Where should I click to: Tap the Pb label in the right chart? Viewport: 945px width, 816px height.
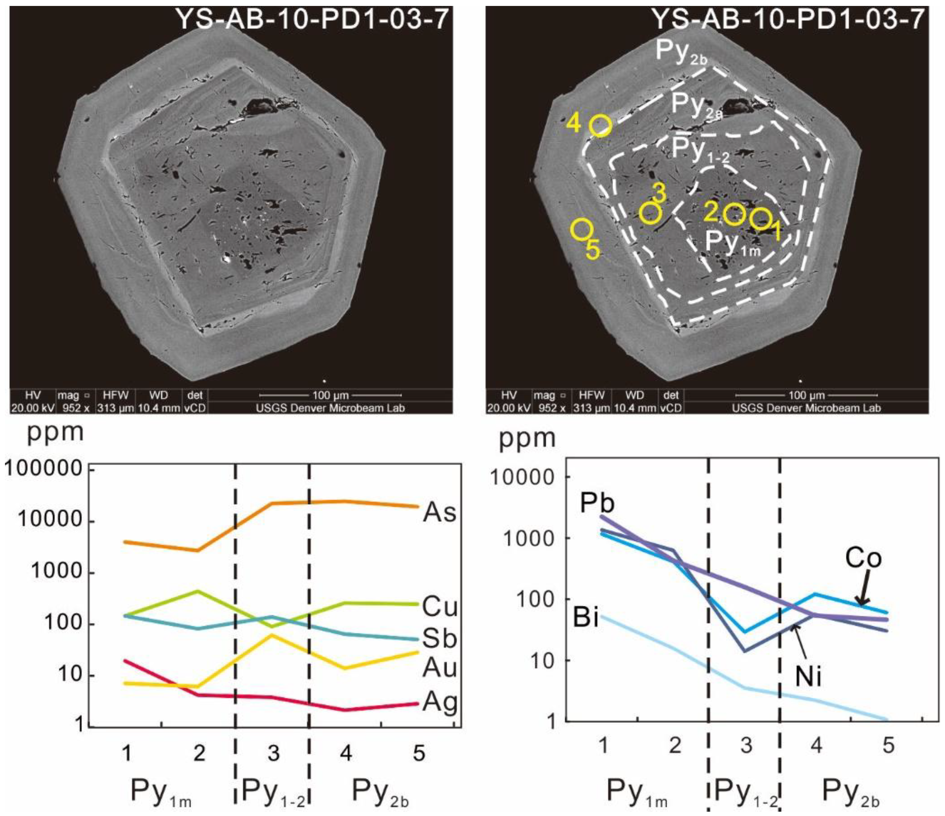[x=597, y=503]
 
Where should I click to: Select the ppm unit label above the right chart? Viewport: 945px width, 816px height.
[x=528, y=438]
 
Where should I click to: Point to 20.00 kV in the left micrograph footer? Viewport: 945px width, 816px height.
[x=33, y=408]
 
